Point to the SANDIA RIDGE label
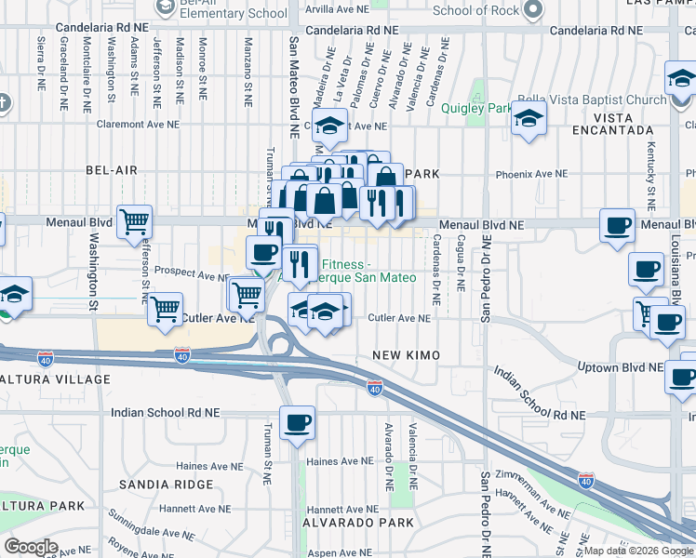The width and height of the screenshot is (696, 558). click(x=156, y=485)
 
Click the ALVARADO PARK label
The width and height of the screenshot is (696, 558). click(x=358, y=523)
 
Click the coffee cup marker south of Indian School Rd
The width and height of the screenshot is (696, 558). click(x=297, y=423)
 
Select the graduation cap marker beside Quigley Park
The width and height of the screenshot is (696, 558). click(x=529, y=119)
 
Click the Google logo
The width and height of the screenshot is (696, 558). click(x=32, y=547)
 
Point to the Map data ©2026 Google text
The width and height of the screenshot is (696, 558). click(x=638, y=551)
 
